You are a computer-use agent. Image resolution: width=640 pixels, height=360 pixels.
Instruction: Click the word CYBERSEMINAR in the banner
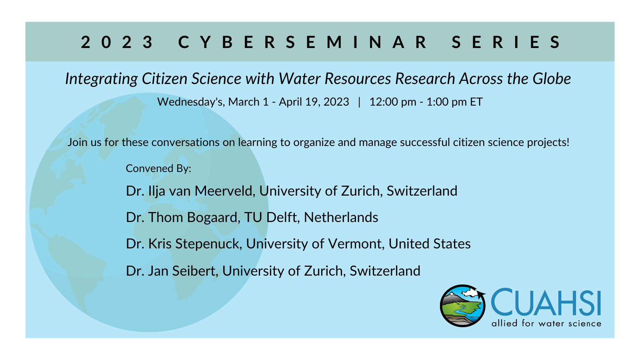(302, 42)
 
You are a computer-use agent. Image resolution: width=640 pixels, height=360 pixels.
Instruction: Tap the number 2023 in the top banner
(117, 42)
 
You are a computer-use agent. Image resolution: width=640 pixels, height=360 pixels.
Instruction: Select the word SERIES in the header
(506, 42)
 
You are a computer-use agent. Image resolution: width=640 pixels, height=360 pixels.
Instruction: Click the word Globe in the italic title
(552, 78)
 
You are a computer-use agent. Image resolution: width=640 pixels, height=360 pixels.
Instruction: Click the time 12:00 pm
(393, 102)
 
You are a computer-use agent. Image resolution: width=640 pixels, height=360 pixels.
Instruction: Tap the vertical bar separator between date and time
(359, 102)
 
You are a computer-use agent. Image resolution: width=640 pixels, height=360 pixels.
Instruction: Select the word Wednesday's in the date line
(190, 102)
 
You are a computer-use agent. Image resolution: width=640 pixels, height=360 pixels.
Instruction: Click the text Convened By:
(158, 168)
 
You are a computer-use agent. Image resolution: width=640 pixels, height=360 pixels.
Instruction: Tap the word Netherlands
(341, 218)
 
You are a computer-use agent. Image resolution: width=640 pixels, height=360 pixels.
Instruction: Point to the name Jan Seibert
(183, 271)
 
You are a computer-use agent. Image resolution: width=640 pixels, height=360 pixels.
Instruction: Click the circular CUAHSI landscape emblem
(462, 306)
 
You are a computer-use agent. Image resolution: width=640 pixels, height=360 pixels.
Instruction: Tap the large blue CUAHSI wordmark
(546, 302)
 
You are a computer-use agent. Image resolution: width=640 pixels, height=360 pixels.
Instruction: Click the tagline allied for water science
(546, 324)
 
